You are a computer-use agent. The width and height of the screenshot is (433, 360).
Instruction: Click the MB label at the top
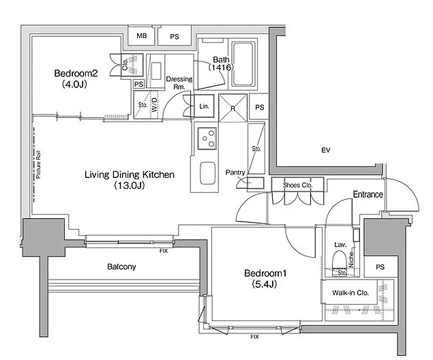click(x=142, y=35)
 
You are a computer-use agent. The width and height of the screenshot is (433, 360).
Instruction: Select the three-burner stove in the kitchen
click(x=207, y=138)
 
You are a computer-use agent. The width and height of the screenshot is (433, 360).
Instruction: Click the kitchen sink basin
click(x=208, y=173)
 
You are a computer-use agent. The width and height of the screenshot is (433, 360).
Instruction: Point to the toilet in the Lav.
click(x=340, y=260)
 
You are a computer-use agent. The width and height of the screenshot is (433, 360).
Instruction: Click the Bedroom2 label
click(x=76, y=74)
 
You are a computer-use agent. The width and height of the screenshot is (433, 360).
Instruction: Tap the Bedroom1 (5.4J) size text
click(x=265, y=284)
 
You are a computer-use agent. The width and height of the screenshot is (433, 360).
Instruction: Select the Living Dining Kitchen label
click(x=130, y=175)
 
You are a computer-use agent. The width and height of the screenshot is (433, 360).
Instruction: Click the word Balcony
click(x=121, y=267)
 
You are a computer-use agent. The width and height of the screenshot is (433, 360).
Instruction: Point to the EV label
click(x=326, y=150)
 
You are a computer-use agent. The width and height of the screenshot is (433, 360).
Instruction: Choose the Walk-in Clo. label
click(x=350, y=292)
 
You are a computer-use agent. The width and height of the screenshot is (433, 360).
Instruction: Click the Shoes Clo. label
click(x=298, y=185)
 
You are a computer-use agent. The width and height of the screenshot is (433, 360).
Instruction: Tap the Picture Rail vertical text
click(x=38, y=164)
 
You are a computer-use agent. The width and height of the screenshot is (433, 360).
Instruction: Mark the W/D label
click(x=154, y=105)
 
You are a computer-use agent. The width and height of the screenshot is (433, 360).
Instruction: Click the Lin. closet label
click(x=204, y=106)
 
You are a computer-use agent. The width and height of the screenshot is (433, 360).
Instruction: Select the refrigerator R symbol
click(x=233, y=108)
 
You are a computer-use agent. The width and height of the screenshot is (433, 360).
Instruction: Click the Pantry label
click(x=235, y=172)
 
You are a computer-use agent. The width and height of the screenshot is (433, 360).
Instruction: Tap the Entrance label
click(x=368, y=194)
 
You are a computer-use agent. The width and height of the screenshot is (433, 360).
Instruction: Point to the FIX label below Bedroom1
click(x=254, y=337)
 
